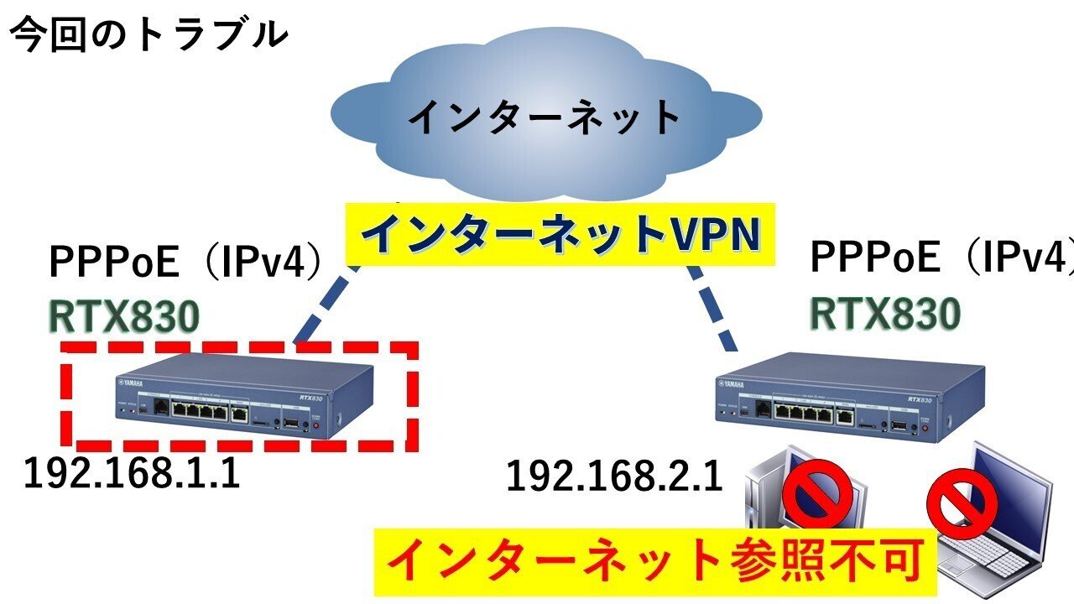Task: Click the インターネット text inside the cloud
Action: coord(545,117)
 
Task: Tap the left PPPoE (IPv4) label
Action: coord(187,263)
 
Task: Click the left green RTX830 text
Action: coord(124,317)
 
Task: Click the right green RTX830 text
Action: coord(884,314)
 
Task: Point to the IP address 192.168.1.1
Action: coord(132,474)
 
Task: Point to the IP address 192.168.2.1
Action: coord(614,477)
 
